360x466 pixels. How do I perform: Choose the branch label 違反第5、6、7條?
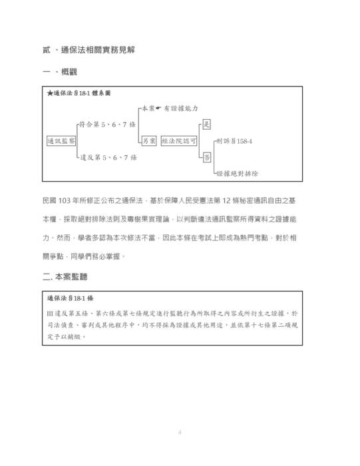coord(108,157)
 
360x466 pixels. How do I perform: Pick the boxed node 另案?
coord(148,140)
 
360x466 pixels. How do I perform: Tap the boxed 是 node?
coord(206,124)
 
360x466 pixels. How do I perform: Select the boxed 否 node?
coord(206,157)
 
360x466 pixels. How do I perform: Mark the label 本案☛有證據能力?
coord(170,108)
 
